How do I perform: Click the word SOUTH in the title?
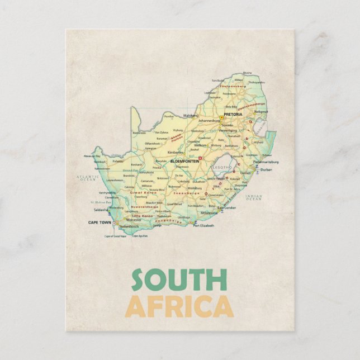[x=179, y=280]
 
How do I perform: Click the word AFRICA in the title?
[x=179, y=306]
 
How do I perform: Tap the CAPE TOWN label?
[x=100, y=222]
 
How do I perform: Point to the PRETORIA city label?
[x=233, y=114]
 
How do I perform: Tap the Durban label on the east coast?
[x=266, y=169]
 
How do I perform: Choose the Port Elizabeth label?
[x=203, y=225]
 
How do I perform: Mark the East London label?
[x=227, y=207]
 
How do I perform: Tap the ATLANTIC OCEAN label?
[x=87, y=178]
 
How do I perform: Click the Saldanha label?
[x=101, y=210]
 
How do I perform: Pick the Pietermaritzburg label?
[x=266, y=162]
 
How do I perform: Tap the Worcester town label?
[x=134, y=220]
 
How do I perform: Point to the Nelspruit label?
[x=260, y=112]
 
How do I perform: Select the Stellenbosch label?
[x=128, y=226]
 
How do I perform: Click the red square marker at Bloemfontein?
[x=200, y=158]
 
